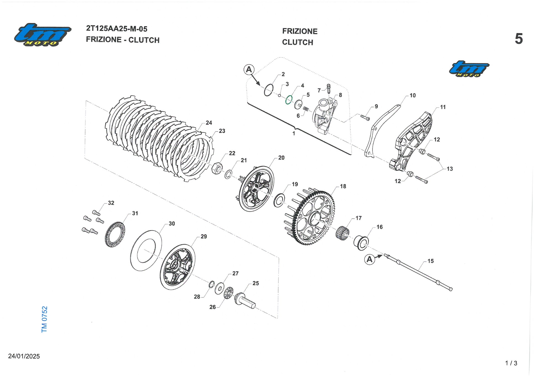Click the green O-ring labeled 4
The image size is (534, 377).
click(289, 100)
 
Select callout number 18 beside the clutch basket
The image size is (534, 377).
click(343, 186)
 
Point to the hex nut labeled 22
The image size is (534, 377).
click(217, 168)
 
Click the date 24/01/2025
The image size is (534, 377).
click(24, 356)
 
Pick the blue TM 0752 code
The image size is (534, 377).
click(44, 319)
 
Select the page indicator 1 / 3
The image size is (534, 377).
click(511, 363)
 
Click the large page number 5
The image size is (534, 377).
click(519, 39)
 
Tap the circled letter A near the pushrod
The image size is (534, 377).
click(369, 259)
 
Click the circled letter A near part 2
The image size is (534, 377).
click(249, 70)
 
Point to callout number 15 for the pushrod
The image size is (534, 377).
click(431, 261)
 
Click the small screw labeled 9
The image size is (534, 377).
click(365, 117)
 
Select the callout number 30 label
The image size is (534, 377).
click(172, 224)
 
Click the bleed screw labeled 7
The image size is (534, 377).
click(329, 89)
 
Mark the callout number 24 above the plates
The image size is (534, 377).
click(209, 123)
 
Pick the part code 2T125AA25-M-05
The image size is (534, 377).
click(117, 29)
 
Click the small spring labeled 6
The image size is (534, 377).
click(306, 109)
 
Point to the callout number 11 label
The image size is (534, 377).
click(443, 107)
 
